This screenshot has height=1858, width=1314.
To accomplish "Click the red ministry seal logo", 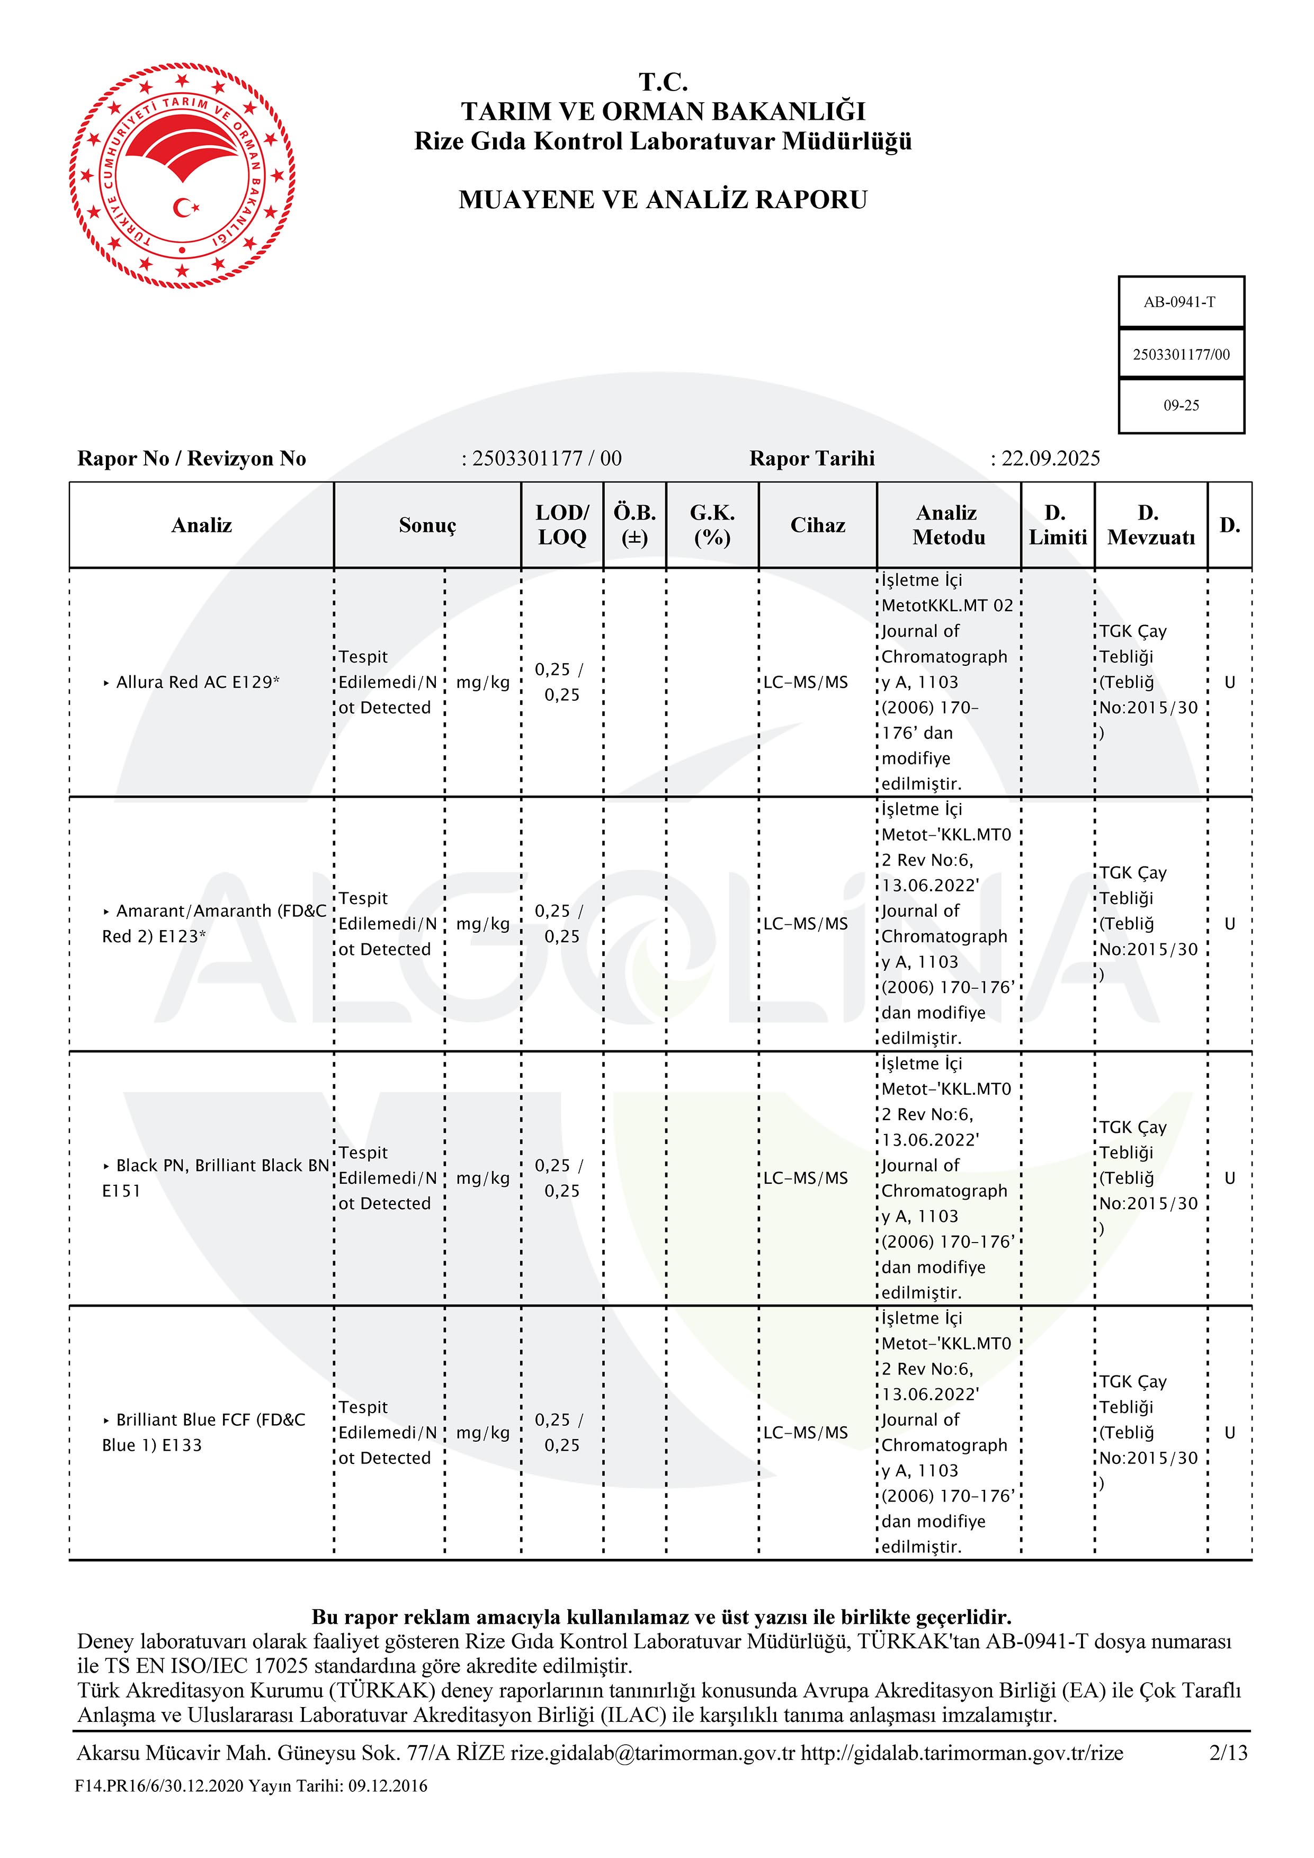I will (182, 176).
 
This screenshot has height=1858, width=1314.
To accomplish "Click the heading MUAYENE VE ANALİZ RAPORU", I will (663, 200).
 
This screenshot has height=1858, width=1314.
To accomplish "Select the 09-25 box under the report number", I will (1181, 405).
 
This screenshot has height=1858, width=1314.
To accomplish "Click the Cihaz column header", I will (817, 525).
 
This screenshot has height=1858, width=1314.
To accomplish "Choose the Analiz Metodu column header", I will (948, 525).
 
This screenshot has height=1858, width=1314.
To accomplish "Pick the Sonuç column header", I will (427, 525).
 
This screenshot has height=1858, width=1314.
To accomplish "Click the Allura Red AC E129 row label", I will (198, 682).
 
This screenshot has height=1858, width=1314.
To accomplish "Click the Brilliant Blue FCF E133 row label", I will (204, 1432).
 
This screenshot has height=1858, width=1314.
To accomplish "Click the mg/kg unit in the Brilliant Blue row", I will (483, 1432).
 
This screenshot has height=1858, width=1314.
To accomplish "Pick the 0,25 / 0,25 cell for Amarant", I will (561, 923).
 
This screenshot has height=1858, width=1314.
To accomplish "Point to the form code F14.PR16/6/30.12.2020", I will (159, 1786).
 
